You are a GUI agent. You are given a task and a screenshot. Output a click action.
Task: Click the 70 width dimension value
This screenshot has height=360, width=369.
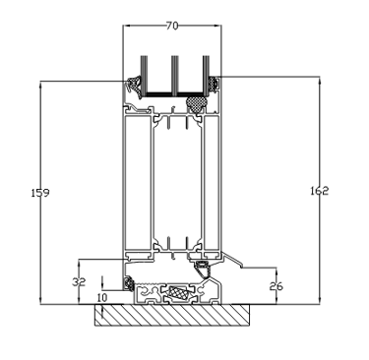pos(172,26)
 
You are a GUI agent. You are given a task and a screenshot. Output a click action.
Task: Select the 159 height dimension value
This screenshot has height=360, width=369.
pos(40,193)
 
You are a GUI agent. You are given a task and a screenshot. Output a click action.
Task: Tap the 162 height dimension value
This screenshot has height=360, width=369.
pos(319,191)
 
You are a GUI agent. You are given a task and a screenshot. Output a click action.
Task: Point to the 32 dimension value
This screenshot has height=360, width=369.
pos(79,281)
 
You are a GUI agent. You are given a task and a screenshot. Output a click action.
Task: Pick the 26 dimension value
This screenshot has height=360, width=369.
pos(277,286)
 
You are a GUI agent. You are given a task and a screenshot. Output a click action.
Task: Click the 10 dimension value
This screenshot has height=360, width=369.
pos(102,298)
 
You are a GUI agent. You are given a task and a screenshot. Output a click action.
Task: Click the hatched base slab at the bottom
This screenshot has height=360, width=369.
pos(172,315)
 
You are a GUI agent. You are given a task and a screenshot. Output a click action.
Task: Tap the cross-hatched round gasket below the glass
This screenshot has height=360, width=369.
pos(196,103)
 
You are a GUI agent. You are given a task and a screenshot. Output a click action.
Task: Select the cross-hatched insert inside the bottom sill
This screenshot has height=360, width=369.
pos(178,291)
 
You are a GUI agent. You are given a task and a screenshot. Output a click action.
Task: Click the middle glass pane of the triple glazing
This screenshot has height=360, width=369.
pos(175,76)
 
